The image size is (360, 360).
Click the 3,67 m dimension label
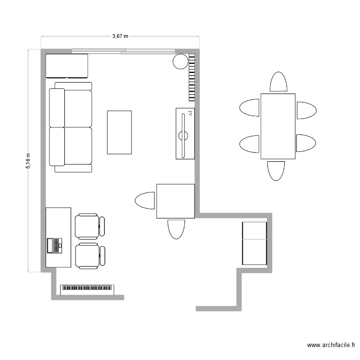[x=120, y=36]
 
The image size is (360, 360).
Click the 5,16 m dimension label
[x=28, y=161]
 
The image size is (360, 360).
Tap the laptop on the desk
[x=54, y=246]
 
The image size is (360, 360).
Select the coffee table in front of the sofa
[x=120, y=132]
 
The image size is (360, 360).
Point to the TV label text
[x=191, y=113]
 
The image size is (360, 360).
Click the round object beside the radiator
[x=180, y=61]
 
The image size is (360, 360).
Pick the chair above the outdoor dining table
[x=278, y=82]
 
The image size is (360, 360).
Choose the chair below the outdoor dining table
[x=276, y=171]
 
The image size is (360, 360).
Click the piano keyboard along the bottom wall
[x=87, y=289]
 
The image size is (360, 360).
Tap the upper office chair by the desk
[x=90, y=227]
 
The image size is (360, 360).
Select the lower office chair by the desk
[x=90, y=256]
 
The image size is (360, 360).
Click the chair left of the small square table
[x=144, y=201]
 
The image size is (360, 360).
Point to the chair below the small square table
[x=176, y=229]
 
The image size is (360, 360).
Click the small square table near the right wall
[x=176, y=201]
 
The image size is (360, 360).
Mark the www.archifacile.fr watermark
[x=331, y=345]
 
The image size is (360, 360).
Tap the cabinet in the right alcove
[x=254, y=243]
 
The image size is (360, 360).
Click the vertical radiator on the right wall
[x=192, y=78]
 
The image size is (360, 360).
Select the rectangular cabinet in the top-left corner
[x=67, y=66]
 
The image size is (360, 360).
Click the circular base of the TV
[x=183, y=136]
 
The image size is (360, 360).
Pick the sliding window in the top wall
[x=123, y=51]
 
